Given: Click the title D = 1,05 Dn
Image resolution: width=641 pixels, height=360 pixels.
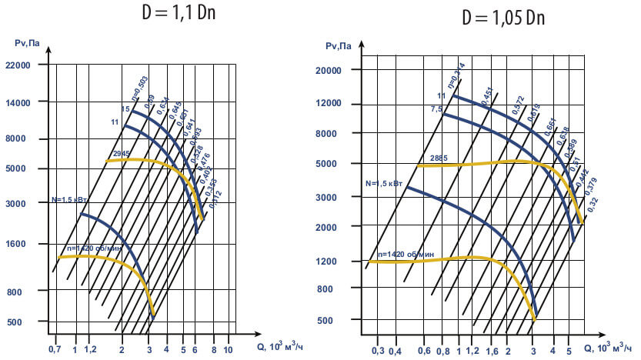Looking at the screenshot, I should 503,18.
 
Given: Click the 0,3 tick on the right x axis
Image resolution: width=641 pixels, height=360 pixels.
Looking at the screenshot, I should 378,351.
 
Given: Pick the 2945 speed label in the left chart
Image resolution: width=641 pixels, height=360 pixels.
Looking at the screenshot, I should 121,154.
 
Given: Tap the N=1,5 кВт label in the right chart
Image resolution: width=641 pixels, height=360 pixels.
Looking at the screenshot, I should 384,184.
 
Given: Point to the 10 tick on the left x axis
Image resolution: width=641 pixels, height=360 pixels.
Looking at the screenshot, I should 227,349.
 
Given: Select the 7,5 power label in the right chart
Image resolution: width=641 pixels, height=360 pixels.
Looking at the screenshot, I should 436,110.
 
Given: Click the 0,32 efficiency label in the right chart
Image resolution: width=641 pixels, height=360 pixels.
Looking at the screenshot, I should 593,205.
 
